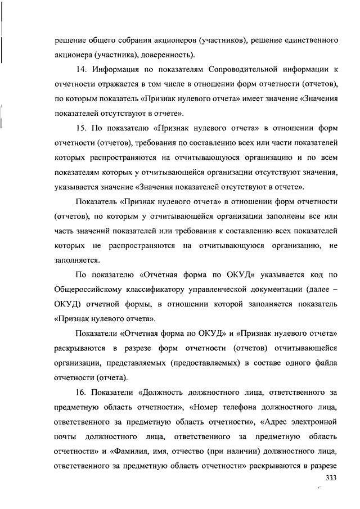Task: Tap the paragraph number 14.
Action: pyautogui.click(x=80, y=70)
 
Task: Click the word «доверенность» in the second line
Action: pyautogui.click(x=168, y=55)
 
